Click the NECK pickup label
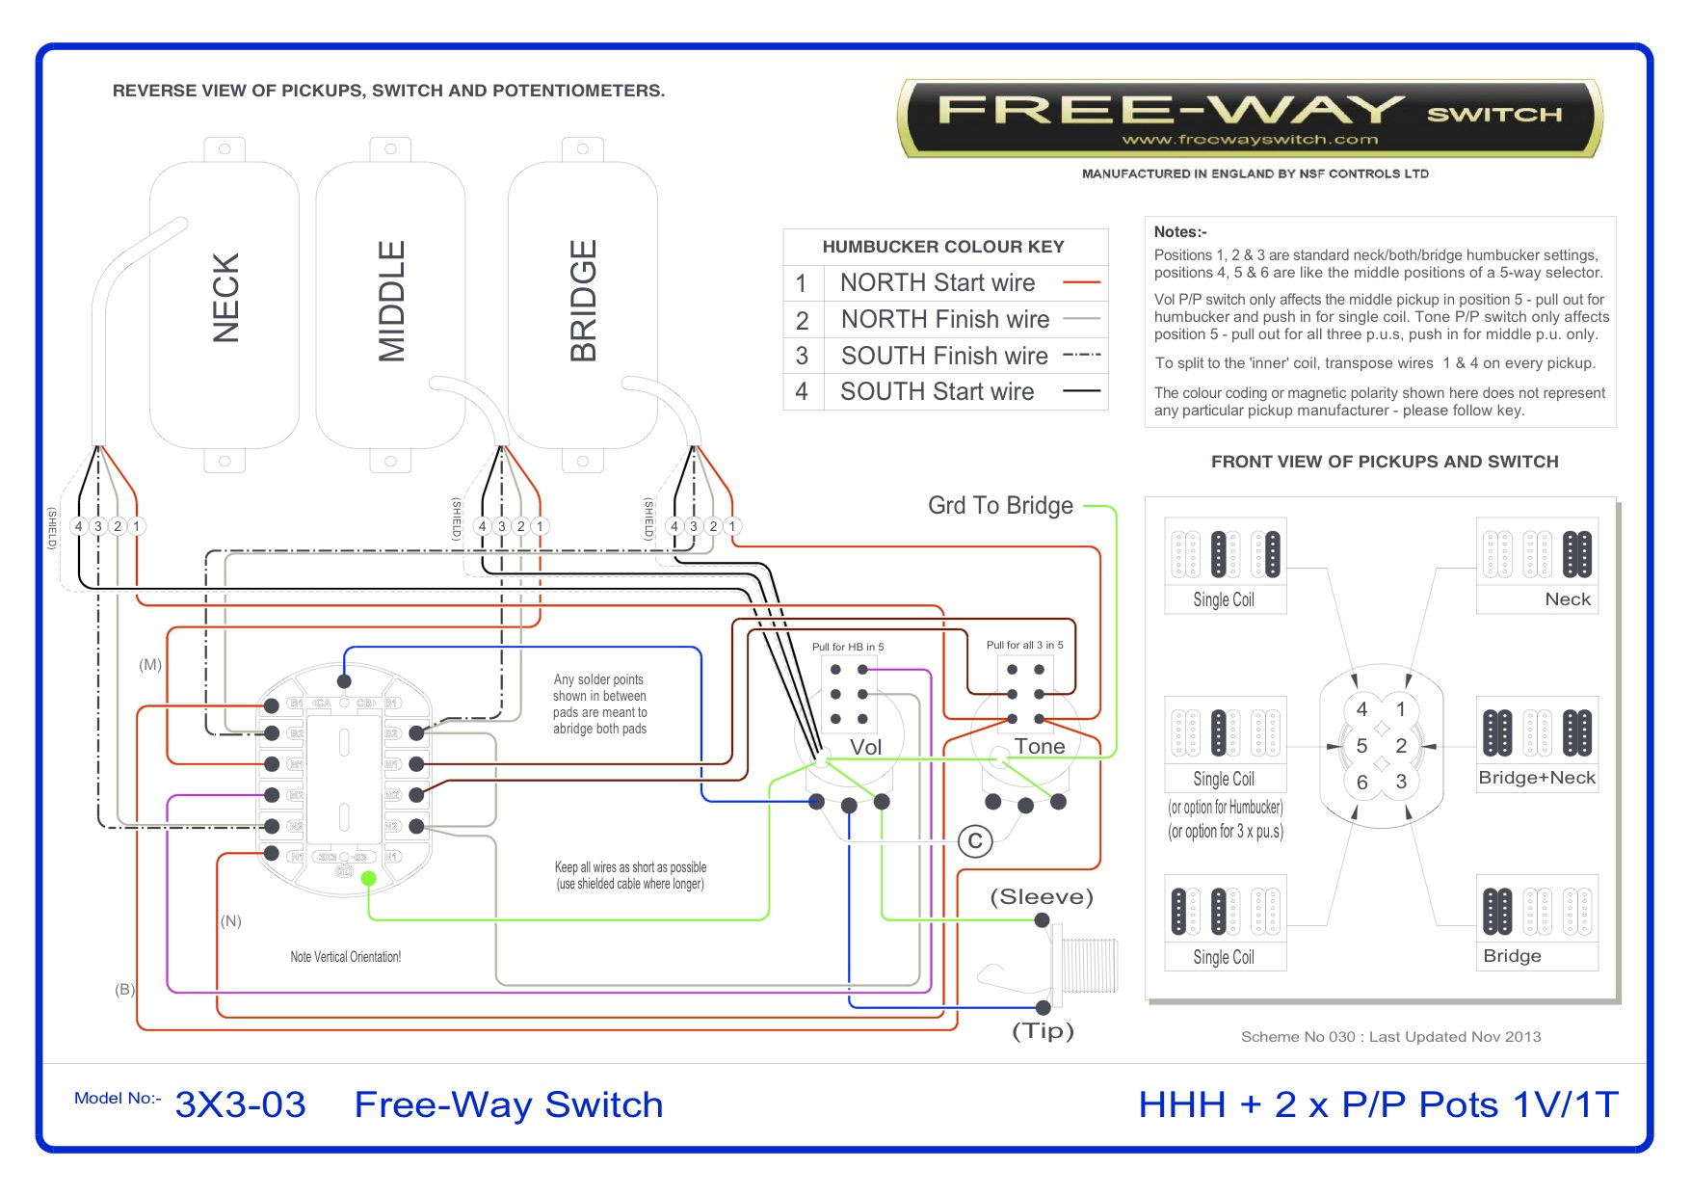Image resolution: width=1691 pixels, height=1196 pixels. click(225, 298)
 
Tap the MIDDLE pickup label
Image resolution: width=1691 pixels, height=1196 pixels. click(391, 300)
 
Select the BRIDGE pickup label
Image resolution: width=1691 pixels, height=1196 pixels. click(584, 300)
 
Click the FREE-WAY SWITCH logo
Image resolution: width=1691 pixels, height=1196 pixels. click(1251, 119)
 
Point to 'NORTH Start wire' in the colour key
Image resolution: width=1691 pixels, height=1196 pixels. click(937, 282)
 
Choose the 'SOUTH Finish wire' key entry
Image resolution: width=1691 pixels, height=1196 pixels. click(943, 356)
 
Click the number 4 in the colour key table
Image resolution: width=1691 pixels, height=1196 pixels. click(802, 392)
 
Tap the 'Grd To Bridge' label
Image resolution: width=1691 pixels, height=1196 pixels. click(1000, 506)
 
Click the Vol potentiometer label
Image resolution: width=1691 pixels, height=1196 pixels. click(865, 747)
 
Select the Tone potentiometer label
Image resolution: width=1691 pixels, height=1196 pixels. click(1040, 746)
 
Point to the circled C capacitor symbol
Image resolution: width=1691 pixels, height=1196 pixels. click(975, 841)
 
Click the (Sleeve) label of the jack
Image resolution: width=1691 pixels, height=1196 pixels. click(1042, 896)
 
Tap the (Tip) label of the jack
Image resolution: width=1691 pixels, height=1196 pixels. click(1043, 1030)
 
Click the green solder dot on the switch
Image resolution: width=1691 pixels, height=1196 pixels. click(368, 878)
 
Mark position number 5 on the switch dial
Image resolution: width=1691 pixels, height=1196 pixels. click(1361, 746)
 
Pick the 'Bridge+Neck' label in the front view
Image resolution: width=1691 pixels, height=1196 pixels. click(1537, 778)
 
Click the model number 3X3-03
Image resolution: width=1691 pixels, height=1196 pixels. click(240, 1104)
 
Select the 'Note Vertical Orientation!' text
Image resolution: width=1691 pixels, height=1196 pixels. click(345, 957)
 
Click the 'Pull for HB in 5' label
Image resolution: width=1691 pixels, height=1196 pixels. click(847, 647)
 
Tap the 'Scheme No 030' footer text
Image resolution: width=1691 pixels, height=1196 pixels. click(1390, 1037)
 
